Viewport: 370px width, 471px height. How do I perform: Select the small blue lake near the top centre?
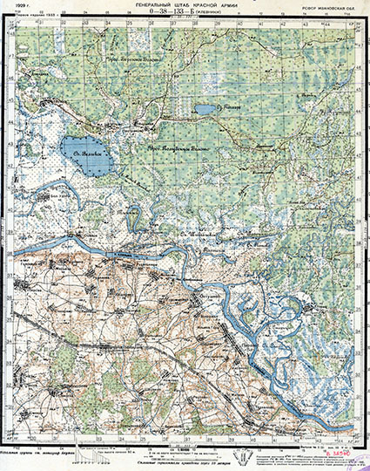pos(207,110)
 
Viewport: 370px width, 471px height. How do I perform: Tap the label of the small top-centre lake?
pos(228,109)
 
